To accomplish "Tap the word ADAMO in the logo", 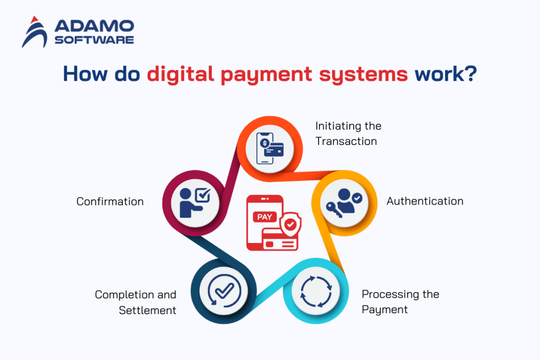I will pos(94,26).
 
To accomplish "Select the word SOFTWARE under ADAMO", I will pos(94,40).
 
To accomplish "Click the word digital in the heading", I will pos(181,74).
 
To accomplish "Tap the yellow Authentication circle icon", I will pos(344,201).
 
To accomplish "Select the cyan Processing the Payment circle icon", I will pos(315,291).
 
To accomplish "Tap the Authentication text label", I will pos(425,201).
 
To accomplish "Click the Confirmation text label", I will pos(110,201).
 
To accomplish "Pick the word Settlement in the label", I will pos(148,310).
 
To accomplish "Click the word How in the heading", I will pos(84,74).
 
